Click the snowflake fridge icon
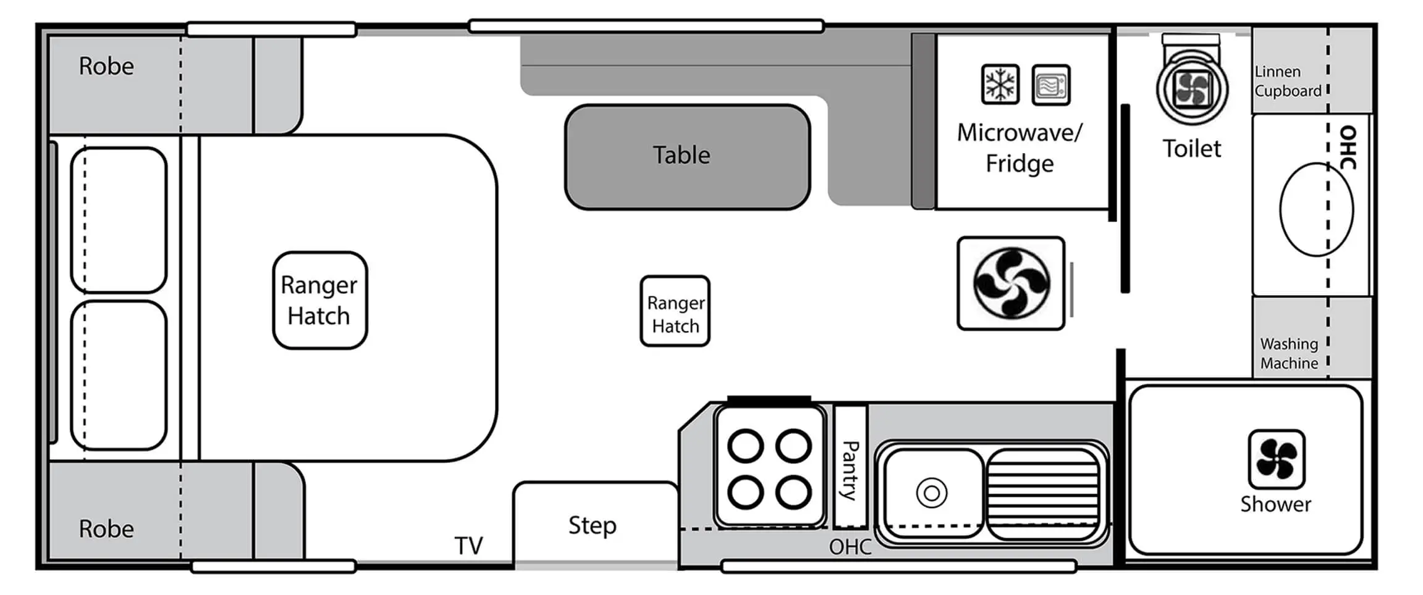coord(1000,85)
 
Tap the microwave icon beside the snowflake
coord(1050,85)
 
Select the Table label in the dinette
coord(682,155)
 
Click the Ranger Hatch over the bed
coord(319,301)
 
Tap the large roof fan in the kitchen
coord(1011,284)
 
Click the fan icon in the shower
coord(1276,459)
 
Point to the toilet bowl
coord(1192,88)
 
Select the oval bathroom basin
coord(1315,209)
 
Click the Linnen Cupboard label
coord(1287,81)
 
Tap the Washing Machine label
coord(1288,353)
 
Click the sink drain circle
coord(932,493)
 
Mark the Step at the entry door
coord(592,525)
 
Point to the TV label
coord(468,546)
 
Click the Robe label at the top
coord(106,67)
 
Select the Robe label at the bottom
coord(106,529)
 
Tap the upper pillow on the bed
coord(119,220)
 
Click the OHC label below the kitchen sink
coord(850,547)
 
